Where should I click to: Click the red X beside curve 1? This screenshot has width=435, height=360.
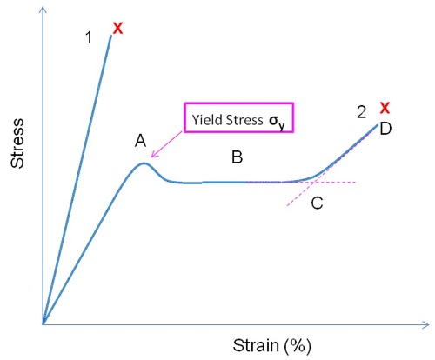tap(117, 29)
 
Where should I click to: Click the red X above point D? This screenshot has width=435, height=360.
tap(385, 108)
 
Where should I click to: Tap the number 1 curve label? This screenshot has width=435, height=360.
tap(89, 37)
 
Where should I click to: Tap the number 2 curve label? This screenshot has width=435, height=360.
tap(361, 112)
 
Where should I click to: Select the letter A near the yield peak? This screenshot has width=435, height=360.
tap(141, 141)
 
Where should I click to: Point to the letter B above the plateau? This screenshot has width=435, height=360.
tap(237, 157)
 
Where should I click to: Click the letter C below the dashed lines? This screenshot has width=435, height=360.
tap(317, 203)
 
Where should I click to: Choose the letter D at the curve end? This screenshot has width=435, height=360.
tap(385, 129)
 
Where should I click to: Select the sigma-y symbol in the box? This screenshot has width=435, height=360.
tap(277, 122)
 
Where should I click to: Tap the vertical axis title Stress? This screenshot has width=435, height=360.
tap(17, 143)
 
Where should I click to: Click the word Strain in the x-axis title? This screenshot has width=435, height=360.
tap(256, 345)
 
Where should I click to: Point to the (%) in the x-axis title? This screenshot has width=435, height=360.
tap(298, 346)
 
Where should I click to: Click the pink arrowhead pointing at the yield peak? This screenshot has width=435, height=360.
tap(154, 155)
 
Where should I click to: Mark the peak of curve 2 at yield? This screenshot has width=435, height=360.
tap(144, 163)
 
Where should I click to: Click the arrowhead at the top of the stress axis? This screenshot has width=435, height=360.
tap(43, 10)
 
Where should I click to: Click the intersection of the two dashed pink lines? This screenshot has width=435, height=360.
tap(314, 183)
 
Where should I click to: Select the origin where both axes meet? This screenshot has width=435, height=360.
tap(43, 324)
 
